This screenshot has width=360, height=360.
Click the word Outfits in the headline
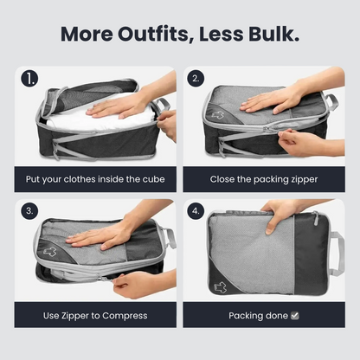(153, 34)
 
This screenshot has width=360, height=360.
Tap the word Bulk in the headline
(273, 34)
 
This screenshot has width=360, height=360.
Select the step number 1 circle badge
(29, 79)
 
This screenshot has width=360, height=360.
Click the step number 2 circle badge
(196, 79)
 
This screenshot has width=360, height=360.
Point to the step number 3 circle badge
(29, 211)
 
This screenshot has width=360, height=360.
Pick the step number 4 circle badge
(196, 211)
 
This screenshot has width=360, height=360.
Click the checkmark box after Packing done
(295, 316)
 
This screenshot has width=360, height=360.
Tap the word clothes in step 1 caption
(80, 179)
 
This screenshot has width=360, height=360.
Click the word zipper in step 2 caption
(304, 180)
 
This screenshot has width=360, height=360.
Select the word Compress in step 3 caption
(125, 316)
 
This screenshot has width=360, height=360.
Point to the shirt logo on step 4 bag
(221, 287)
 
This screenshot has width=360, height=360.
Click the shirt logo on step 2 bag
(218, 114)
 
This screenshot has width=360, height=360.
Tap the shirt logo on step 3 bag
(50, 251)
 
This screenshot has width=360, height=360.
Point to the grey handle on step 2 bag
(331, 101)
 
